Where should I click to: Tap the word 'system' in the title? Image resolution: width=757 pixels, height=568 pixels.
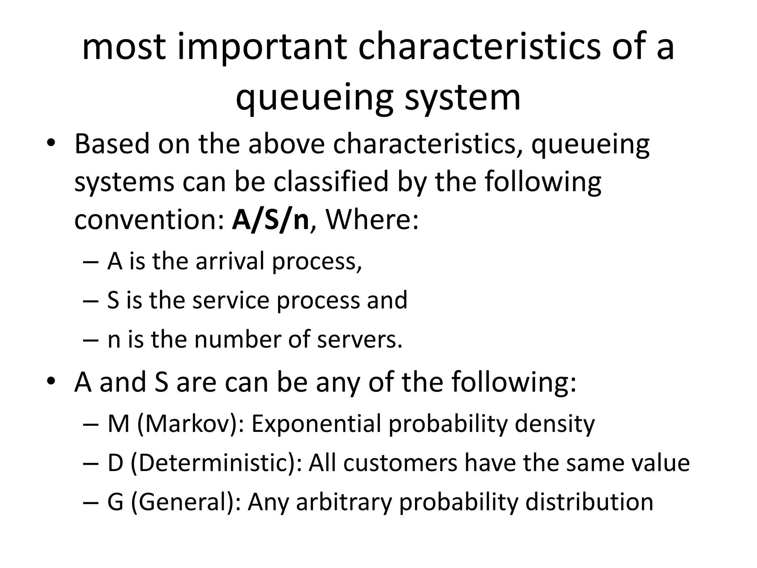coord(462,98)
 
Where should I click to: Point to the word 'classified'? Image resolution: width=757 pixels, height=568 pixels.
coord(331,182)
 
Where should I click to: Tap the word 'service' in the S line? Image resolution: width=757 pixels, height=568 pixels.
coord(231,300)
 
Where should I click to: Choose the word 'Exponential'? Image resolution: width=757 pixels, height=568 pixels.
coord(316,423)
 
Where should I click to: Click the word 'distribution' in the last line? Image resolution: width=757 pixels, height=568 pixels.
coord(589,502)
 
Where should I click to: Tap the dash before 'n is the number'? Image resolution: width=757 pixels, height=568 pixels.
coord(91,340)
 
